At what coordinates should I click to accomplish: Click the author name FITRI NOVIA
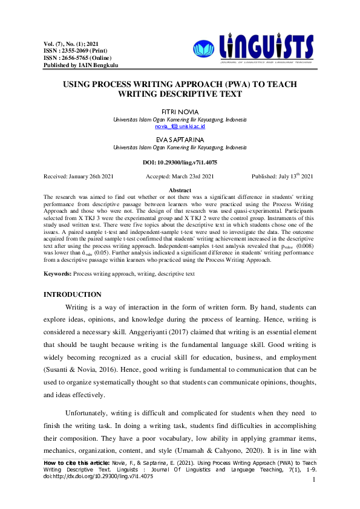coord(180,112)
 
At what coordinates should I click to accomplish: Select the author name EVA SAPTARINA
coord(180,139)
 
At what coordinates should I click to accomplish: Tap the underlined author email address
coord(180,127)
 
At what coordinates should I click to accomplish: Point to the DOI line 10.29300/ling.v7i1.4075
coord(180,163)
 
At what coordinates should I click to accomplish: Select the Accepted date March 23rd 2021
coord(180,177)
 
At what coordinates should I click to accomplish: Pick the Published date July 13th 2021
coord(282,177)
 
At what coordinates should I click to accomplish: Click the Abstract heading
coord(180,190)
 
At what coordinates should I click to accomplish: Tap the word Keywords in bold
coord(58,274)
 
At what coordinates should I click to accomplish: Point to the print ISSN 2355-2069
coord(67,51)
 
